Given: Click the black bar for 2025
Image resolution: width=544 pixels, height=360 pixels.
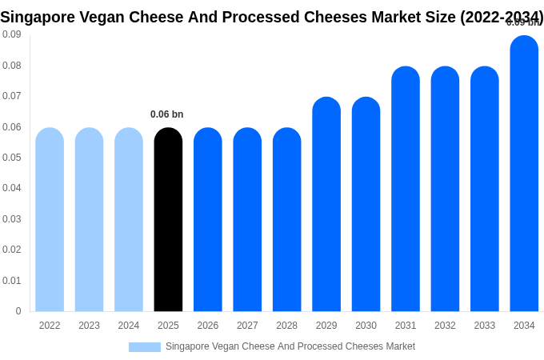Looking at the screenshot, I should coord(168,220).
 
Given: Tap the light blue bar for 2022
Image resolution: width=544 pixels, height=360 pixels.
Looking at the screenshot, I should coord(50,220).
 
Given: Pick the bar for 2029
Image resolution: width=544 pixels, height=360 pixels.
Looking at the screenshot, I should coord(326,205).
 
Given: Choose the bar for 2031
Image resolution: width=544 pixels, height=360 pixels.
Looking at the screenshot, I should coord(406,189).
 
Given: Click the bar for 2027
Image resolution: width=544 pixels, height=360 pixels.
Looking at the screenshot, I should coord(247,220).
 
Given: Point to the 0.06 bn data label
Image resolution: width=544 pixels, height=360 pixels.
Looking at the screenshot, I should coord(166,114).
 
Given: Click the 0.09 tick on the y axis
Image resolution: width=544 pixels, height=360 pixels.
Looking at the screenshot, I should coord(12,34).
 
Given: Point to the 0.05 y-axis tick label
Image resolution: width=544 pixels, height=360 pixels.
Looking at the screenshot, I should coord(12,158).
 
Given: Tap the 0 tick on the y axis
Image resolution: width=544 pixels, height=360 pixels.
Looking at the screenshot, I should coord(18,311).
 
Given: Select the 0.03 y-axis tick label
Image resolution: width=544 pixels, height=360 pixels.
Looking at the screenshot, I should coord(12,219).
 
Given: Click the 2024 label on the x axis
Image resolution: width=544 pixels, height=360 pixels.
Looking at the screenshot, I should coord(129,326).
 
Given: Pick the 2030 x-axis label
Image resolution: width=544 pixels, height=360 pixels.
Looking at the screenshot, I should coord(366,326).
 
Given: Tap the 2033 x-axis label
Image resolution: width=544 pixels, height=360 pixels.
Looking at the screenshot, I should coord(485,326).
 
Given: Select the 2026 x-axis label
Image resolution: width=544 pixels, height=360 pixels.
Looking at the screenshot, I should coord(208,326).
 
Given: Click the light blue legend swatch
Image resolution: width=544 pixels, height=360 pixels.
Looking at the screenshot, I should coord(145,347).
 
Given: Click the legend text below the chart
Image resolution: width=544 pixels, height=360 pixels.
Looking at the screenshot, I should coord(290,346).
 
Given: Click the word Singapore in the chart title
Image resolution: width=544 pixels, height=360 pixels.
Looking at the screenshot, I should coord(37,17).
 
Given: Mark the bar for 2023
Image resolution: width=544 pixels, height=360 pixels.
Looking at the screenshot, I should coord(89,220).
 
